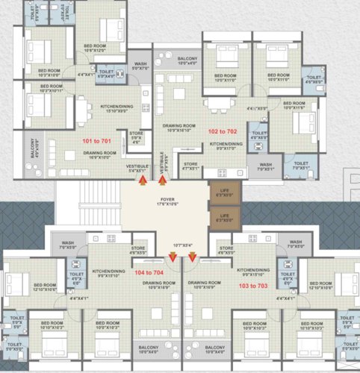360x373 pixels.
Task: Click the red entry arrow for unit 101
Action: pos(143,181)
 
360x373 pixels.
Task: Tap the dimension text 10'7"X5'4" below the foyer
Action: pos(182,244)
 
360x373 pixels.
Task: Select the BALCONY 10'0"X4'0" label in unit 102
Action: pos(187,60)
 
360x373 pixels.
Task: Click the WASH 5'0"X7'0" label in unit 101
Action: pos(140,66)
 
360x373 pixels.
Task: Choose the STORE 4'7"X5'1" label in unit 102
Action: pos(191,166)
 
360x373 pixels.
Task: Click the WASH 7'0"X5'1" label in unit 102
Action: pos(267,166)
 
